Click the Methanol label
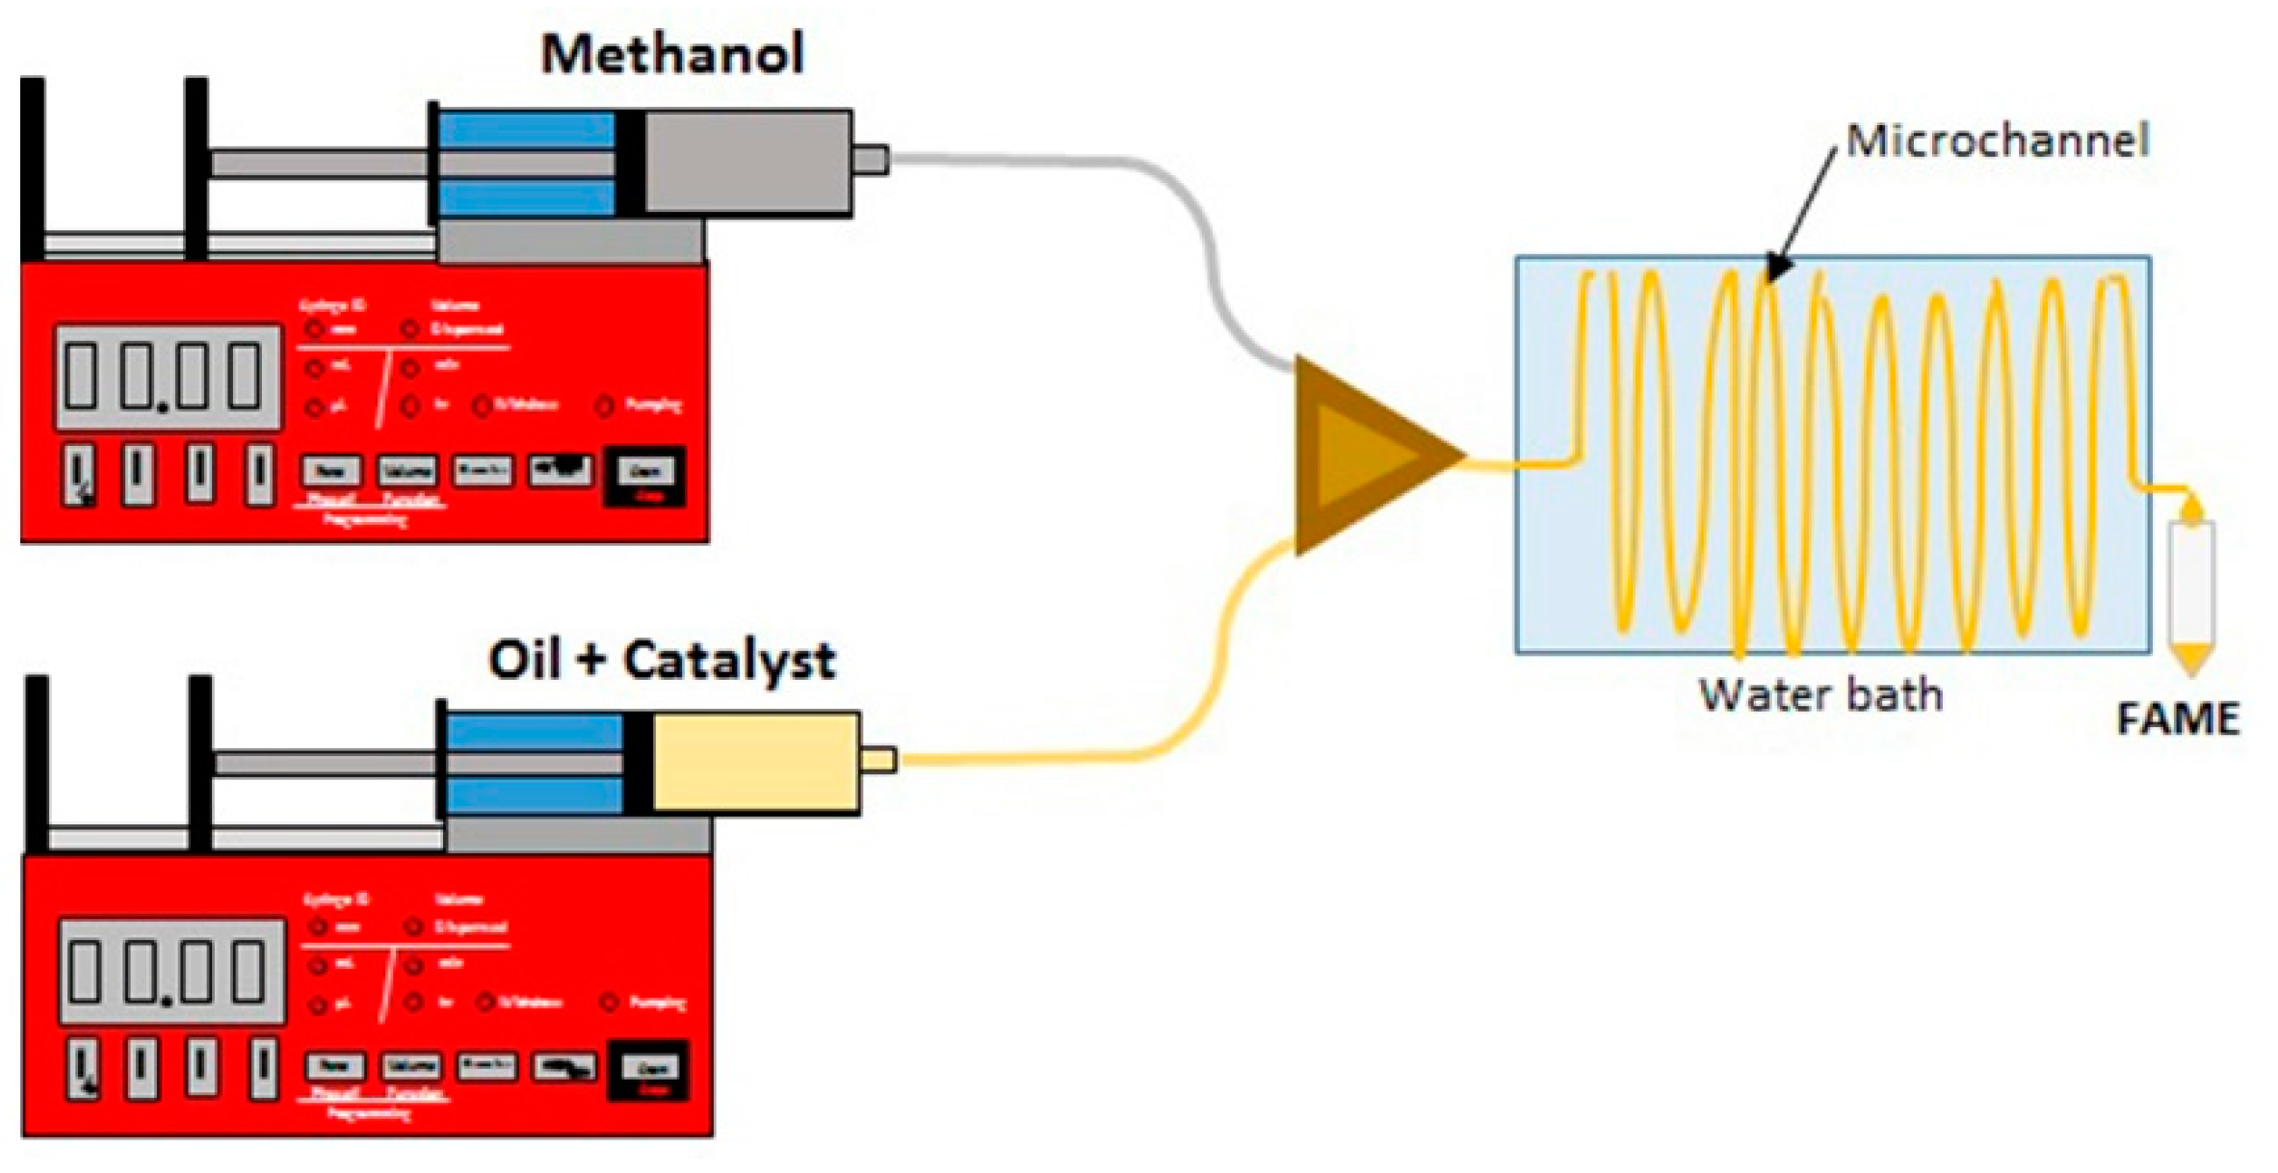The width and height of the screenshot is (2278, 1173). [671, 54]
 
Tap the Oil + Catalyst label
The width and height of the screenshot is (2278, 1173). [662, 661]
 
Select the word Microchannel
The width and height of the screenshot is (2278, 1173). [1997, 142]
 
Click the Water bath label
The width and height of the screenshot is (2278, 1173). [1820, 695]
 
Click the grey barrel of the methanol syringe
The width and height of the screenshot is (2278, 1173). [747, 162]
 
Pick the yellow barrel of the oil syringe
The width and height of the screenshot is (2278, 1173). [755, 762]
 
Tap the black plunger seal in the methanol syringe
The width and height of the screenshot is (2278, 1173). [630, 162]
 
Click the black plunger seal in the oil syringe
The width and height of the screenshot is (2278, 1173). [637, 762]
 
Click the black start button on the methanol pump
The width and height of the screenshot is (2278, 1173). [643, 475]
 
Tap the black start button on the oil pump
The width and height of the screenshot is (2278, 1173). [648, 1070]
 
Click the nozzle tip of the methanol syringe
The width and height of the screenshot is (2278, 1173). [871, 160]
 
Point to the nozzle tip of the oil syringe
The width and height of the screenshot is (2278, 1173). [877, 760]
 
